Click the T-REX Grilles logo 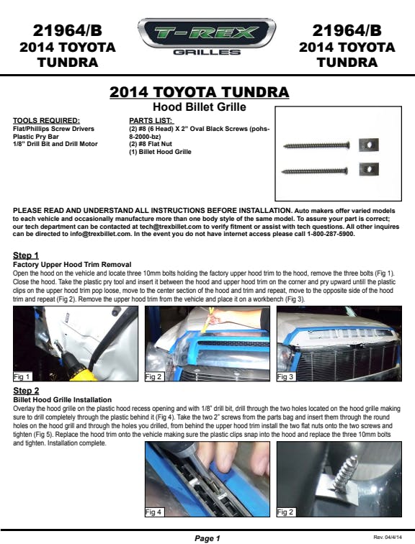[207, 37]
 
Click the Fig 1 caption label [22, 376]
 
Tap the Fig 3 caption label [285, 376]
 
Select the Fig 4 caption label [153, 512]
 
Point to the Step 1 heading [26, 255]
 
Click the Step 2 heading [26, 391]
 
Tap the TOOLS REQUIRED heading [46, 121]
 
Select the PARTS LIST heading [151, 121]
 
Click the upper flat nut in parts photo [368, 145]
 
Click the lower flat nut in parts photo [369, 169]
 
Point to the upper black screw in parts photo [316, 145]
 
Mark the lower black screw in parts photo [315, 171]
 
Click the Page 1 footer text [207, 538]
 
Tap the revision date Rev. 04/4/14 [388, 537]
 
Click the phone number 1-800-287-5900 [331, 234]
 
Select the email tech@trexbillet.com [171, 226]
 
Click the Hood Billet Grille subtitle [200, 106]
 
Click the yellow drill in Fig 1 [78, 369]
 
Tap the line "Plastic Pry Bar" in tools [36, 136]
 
